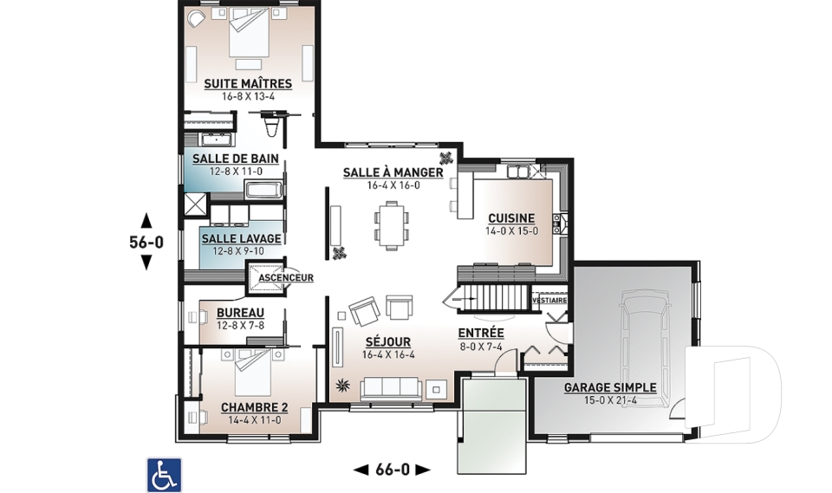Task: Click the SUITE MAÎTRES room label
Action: (248, 84)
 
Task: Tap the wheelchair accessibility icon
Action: (164, 475)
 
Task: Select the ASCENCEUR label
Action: (286, 277)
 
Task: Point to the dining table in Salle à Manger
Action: (392, 224)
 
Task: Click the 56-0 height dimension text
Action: (146, 242)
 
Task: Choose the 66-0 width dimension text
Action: (393, 470)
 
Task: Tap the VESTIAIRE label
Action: (549, 301)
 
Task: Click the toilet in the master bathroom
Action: (271, 125)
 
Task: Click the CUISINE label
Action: (511, 218)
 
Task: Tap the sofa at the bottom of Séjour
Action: (392, 390)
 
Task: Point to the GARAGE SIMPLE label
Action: (610, 388)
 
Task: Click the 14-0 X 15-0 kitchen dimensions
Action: (511, 231)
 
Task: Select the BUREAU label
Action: (240, 313)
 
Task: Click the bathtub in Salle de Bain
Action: (263, 190)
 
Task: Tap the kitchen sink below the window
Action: (519, 171)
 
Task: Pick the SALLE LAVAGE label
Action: (242, 239)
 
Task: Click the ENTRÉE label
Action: (481, 334)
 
